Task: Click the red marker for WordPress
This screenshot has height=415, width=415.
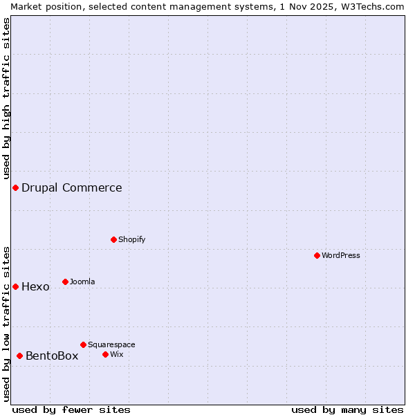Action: [317, 255]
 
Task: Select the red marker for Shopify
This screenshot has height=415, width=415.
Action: [113, 239]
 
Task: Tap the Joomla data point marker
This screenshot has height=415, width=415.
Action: [65, 282]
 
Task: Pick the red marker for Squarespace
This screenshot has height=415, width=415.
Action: [83, 344]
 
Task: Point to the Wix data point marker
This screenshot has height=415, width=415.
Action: [105, 354]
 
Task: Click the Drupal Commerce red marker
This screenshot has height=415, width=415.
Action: [15, 187]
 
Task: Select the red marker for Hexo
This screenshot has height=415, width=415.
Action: [15, 286]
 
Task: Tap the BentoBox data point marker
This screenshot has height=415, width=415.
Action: [19, 356]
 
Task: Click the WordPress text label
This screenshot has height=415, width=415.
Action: [341, 255]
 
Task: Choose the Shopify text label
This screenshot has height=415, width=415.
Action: [131, 239]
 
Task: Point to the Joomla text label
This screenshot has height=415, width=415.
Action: [82, 282]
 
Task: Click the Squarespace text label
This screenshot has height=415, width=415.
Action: [111, 344]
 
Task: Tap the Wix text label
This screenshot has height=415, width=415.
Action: [116, 354]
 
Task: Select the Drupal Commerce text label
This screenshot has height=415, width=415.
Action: [72, 187]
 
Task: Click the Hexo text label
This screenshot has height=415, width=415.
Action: [35, 286]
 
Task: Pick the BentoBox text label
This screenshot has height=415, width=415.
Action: [52, 356]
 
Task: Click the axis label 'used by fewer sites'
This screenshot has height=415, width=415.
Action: [71, 409]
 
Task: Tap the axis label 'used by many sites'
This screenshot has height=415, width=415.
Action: [347, 409]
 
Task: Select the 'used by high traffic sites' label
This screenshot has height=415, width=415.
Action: [7, 99]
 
